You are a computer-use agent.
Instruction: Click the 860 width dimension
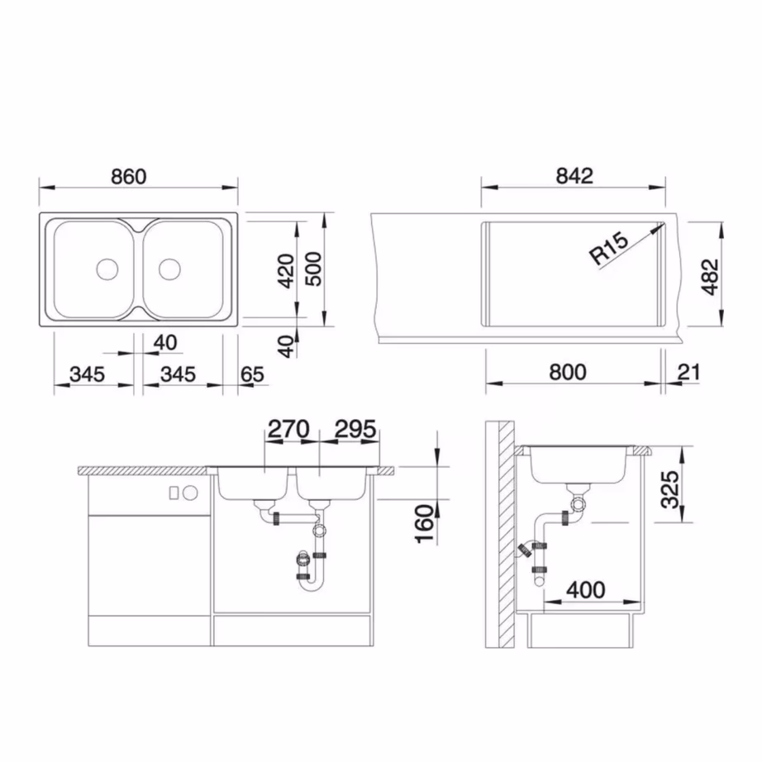click(x=129, y=176)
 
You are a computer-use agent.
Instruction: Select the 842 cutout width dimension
click(x=574, y=176)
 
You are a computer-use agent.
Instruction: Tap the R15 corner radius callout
click(x=609, y=248)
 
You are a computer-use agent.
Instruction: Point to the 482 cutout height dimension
click(x=710, y=277)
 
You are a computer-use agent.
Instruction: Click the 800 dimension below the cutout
click(x=568, y=372)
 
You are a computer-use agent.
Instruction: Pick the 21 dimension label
click(x=689, y=372)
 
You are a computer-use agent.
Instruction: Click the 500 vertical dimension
click(x=313, y=269)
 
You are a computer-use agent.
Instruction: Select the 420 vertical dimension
click(x=286, y=271)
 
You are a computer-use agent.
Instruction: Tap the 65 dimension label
click(x=252, y=374)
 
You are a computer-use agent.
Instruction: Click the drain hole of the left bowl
click(x=107, y=269)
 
